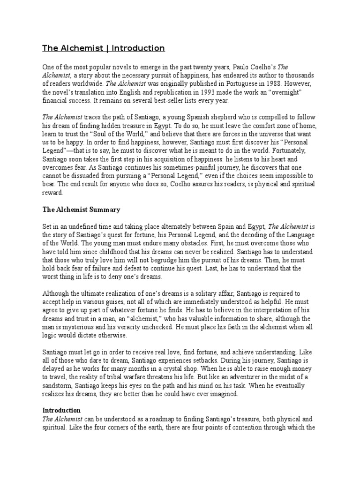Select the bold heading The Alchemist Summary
pyautogui.click(x=81, y=210)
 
